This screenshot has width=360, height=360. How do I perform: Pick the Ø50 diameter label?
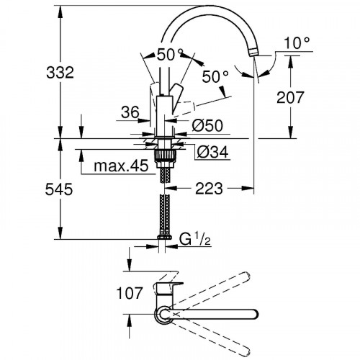coord(208,125)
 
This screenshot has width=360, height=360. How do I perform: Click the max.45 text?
coord(120,167)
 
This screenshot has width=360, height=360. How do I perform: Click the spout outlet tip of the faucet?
coord(254,53)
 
